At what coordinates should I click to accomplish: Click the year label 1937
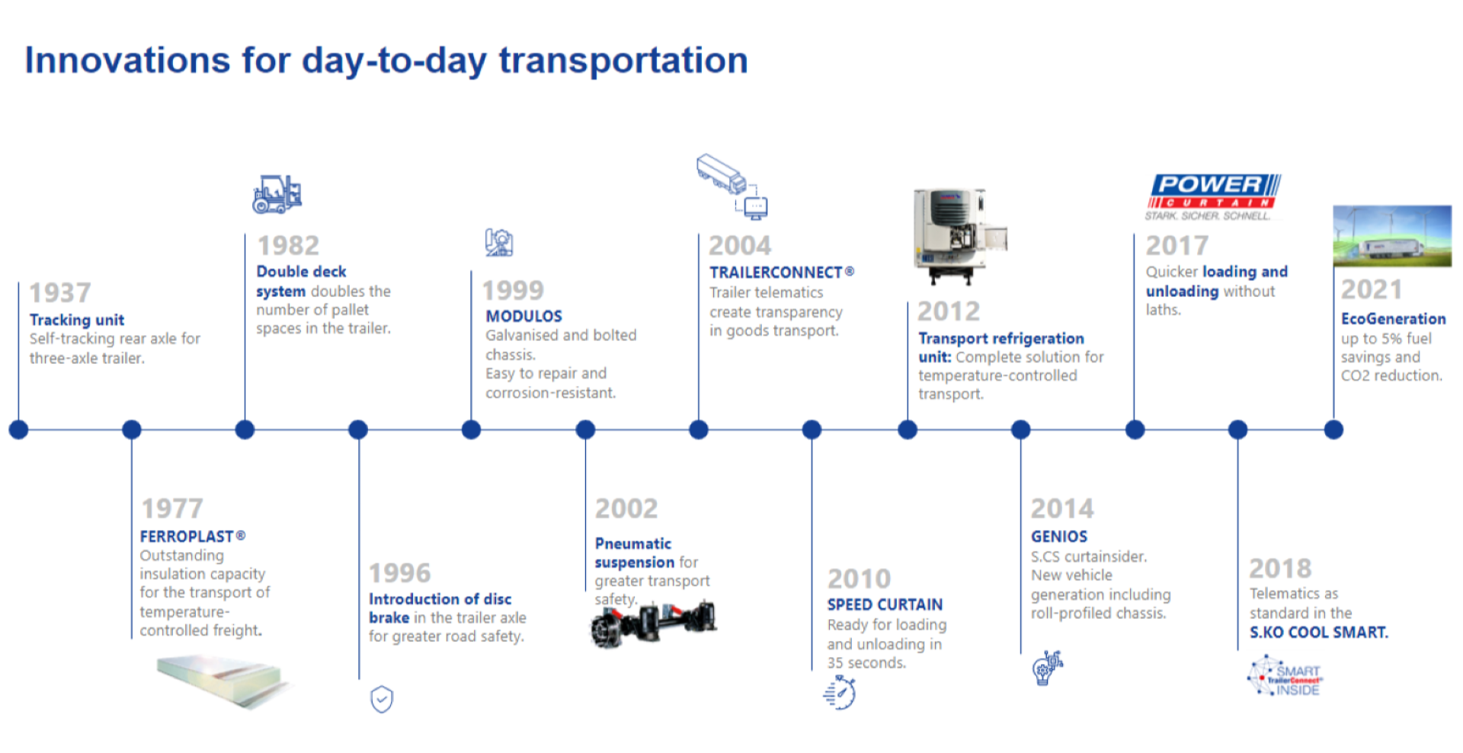59,292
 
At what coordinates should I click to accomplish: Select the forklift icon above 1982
277,193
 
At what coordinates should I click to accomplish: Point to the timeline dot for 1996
358,429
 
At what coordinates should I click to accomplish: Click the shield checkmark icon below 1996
382,699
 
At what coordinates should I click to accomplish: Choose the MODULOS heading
524,316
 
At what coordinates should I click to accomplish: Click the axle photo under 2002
654,624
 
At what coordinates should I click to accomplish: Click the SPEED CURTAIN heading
885,605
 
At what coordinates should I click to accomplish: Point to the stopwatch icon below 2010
840,692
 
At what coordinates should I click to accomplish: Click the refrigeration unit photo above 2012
960,236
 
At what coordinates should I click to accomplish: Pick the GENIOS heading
1059,537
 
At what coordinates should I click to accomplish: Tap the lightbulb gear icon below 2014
1047,668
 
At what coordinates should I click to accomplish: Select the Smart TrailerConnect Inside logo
1285,676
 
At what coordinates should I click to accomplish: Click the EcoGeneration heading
1393,319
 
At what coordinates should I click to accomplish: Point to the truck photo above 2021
1392,236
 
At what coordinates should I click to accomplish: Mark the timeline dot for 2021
1333,429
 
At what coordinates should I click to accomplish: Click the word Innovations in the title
127,60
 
